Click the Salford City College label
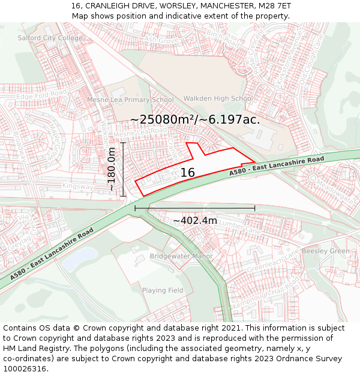[x=50, y=38]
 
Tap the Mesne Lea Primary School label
[x=130, y=100]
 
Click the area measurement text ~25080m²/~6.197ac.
[x=195, y=119]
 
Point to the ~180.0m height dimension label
[x=112, y=170]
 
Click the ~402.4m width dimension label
[x=195, y=220]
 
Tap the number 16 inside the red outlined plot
[x=188, y=173]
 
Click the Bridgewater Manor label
[x=181, y=256]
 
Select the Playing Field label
[x=163, y=290]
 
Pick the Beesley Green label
[x=325, y=251]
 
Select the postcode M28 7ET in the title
[x=274, y=6]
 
